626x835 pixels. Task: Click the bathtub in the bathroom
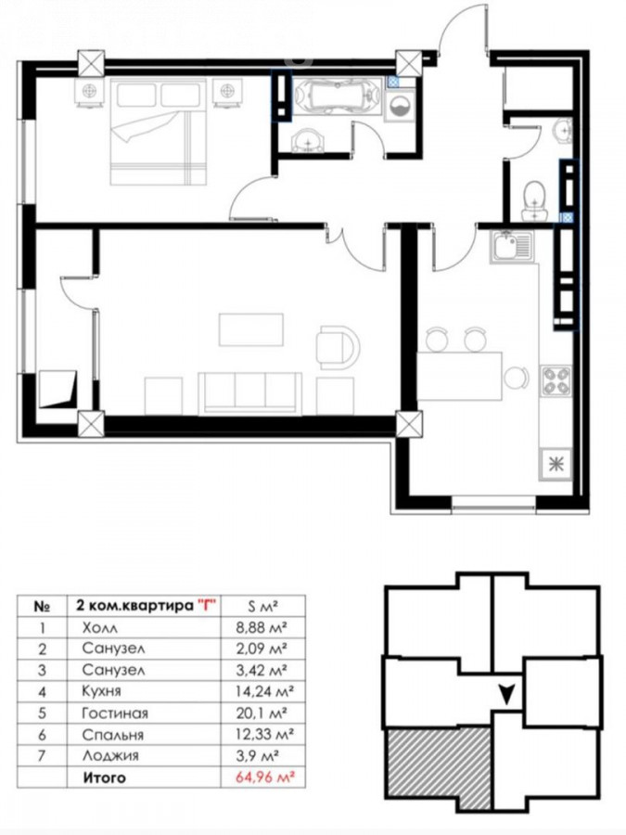click(x=338, y=96)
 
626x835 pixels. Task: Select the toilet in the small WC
click(x=535, y=200)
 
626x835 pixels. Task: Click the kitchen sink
click(x=511, y=247)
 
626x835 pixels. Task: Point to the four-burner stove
click(x=556, y=380)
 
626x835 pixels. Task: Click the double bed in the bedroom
click(x=158, y=132)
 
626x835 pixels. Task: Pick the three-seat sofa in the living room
click(x=249, y=392)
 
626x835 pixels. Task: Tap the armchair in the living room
click(x=338, y=347)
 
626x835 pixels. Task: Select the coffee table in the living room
click(x=250, y=329)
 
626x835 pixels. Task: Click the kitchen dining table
click(x=459, y=376)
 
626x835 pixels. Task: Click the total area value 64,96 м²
click(x=265, y=777)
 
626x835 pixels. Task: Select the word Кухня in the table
click(x=102, y=691)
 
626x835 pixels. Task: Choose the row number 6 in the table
click(x=42, y=735)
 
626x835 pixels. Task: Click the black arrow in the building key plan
click(x=506, y=694)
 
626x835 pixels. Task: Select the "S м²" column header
click(x=263, y=606)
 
